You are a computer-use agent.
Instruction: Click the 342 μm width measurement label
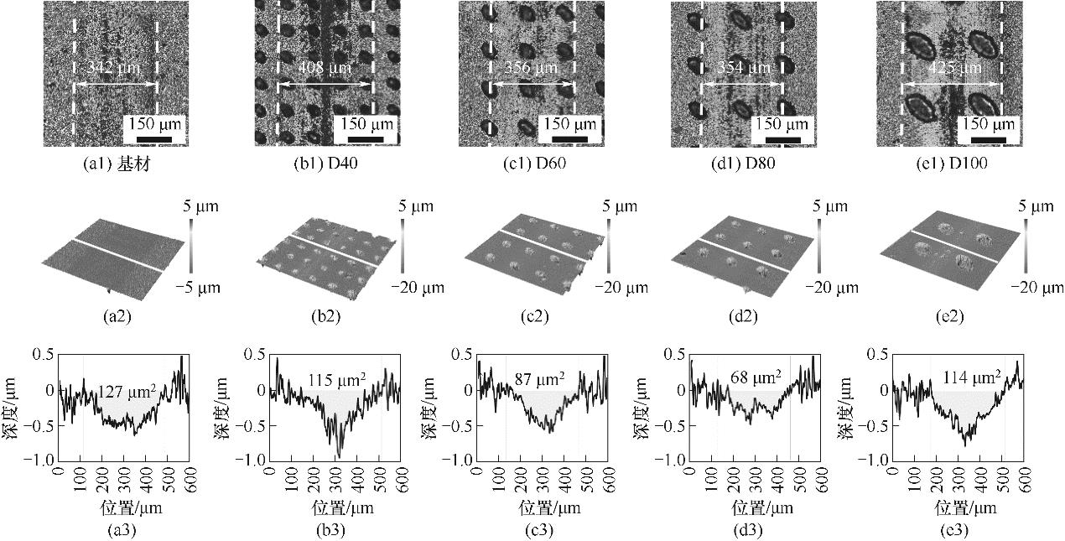coord(115,67)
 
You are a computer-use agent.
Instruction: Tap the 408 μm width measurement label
coord(325,67)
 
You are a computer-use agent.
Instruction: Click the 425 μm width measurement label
coord(952,67)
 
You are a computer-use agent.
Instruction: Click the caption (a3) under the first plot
coord(117,530)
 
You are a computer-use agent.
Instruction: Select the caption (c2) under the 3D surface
coord(534,317)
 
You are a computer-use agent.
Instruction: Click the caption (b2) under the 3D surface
coord(325,317)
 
